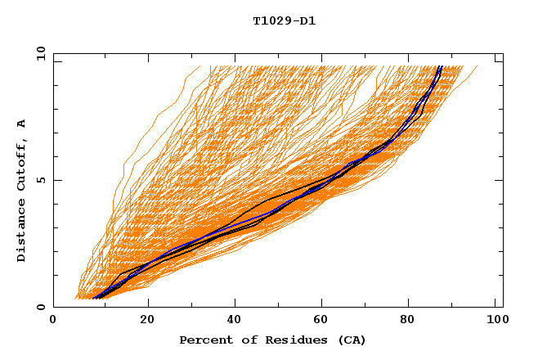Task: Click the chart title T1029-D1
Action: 284,20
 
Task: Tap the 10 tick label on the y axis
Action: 38,53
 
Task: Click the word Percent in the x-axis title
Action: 202,340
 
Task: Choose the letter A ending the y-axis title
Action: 22,124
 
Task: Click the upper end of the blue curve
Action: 441,66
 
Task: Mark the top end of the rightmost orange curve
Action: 478,66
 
